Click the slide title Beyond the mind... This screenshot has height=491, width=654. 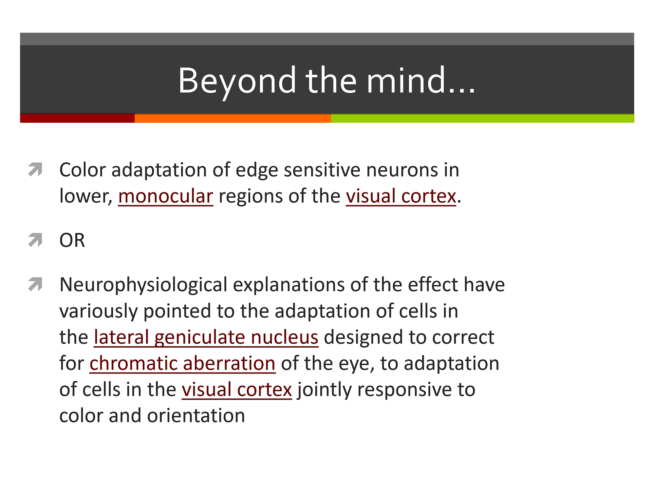(x=327, y=80)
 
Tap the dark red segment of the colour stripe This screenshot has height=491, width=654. (x=77, y=118)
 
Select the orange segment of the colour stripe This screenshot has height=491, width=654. (x=233, y=118)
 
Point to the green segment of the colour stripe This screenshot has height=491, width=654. (x=482, y=118)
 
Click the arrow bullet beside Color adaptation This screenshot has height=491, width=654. (x=35, y=169)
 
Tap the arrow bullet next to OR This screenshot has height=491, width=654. (x=35, y=240)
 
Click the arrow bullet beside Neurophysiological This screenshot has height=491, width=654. (x=35, y=284)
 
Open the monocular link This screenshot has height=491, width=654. (x=165, y=196)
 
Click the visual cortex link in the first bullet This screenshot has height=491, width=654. (x=401, y=196)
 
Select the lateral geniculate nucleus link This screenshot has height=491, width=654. (x=206, y=337)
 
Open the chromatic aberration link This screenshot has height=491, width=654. (x=182, y=363)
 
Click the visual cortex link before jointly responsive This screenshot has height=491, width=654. (x=236, y=390)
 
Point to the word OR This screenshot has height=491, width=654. (x=72, y=240)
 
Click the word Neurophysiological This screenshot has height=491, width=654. (x=143, y=285)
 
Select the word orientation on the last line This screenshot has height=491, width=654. (x=196, y=416)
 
